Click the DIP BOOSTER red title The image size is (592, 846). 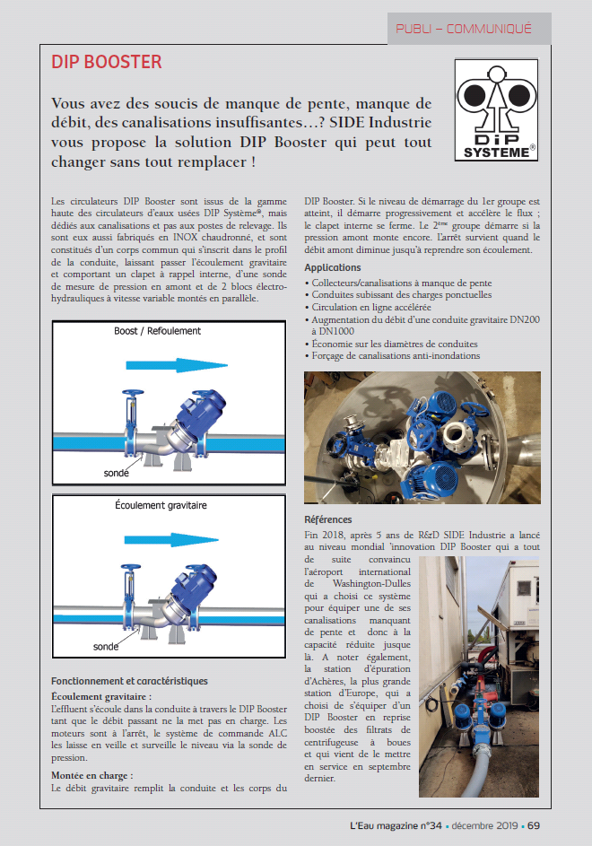[x=107, y=62]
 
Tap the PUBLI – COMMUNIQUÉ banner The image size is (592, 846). [x=464, y=29]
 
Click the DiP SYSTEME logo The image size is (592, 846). [x=497, y=109]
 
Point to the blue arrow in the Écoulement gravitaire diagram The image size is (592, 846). [x=179, y=540]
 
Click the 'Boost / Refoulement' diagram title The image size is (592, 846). [x=158, y=331]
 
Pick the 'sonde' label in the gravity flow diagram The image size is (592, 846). [x=107, y=646]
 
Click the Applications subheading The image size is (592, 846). [x=333, y=267]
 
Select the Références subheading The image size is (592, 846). [x=328, y=519]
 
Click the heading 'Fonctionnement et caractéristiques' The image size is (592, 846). [x=129, y=681]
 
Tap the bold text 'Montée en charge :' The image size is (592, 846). [x=92, y=774]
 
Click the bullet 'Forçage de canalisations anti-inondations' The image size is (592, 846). [x=398, y=356]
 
